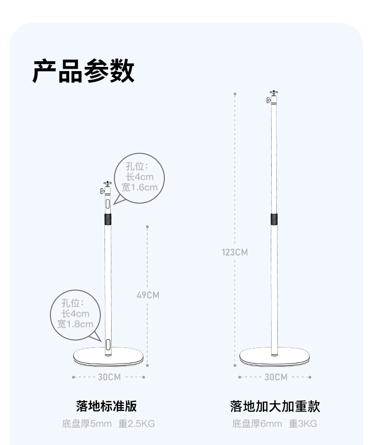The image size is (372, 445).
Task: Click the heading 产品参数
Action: coord(84,72)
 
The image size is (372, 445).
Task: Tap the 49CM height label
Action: coord(148,295)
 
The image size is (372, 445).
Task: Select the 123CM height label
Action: coord(235,252)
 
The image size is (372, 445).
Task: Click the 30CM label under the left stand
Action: coord(109,377)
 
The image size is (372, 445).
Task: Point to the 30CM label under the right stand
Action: coord(275,377)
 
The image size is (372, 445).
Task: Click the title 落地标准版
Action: coord(106,406)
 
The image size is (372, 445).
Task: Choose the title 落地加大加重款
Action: coord(275,406)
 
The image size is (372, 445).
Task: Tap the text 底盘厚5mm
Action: coord(87,424)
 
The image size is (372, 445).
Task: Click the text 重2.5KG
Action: coord(137,424)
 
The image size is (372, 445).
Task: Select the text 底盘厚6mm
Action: coord(257,424)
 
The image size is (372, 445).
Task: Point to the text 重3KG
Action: coord(303,424)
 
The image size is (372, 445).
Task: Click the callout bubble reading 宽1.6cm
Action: coord(139,178)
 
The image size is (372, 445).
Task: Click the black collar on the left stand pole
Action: coord(108,219)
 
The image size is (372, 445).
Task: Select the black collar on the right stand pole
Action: coord(274,219)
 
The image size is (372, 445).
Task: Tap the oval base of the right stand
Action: coord(274,356)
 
